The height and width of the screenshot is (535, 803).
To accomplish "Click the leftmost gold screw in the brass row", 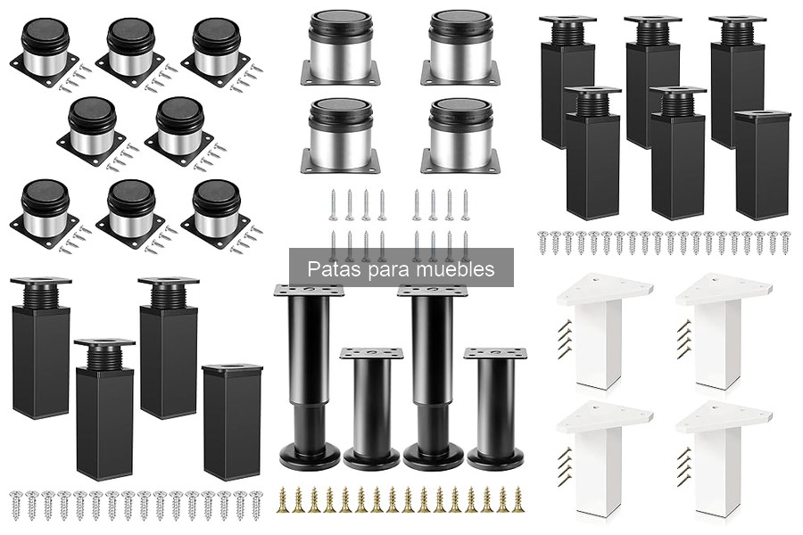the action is click(x=282, y=499).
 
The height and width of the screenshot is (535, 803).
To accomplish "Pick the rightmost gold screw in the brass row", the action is click(x=518, y=499).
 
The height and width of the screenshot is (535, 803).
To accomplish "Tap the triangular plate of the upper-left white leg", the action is click(x=604, y=289).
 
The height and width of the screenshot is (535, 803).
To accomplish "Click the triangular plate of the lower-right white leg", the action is click(x=723, y=417).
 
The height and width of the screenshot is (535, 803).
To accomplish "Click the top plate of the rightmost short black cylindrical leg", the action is click(x=495, y=353).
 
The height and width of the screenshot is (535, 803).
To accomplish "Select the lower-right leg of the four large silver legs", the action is click(x=461, y=136).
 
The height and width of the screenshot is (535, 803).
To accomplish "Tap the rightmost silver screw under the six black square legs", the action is click(x=785, y=243).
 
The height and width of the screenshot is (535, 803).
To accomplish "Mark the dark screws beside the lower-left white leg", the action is click(x=566, y=465).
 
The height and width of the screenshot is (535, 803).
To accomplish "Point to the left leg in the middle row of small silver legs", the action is click(x=92, y=132).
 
